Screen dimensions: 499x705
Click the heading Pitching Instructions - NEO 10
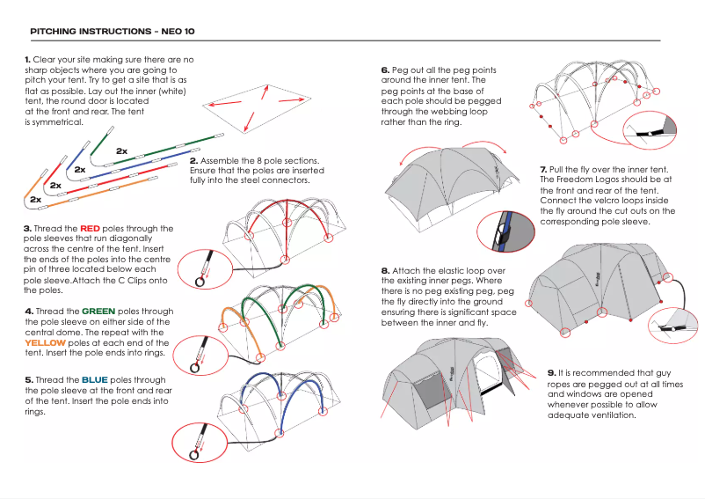[x=113, y=31]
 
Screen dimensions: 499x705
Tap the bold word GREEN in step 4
[x=98, y=312]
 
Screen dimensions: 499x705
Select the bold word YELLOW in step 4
[x=45, y=343]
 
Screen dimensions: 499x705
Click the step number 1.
[x=28, y=59]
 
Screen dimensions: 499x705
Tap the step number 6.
[x=385, y=70]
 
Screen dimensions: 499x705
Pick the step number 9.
[x=551, y=373]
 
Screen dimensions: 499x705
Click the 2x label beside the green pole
[x=121, y=151]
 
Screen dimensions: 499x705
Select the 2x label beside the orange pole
[x=36, y=200]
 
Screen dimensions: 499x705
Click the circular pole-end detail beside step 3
[x=201, y=268]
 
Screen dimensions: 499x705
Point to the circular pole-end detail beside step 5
[x=197, y=440]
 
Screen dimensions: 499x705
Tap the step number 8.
[x=385, y=270]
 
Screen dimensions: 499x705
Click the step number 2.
[x=193, y=161]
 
